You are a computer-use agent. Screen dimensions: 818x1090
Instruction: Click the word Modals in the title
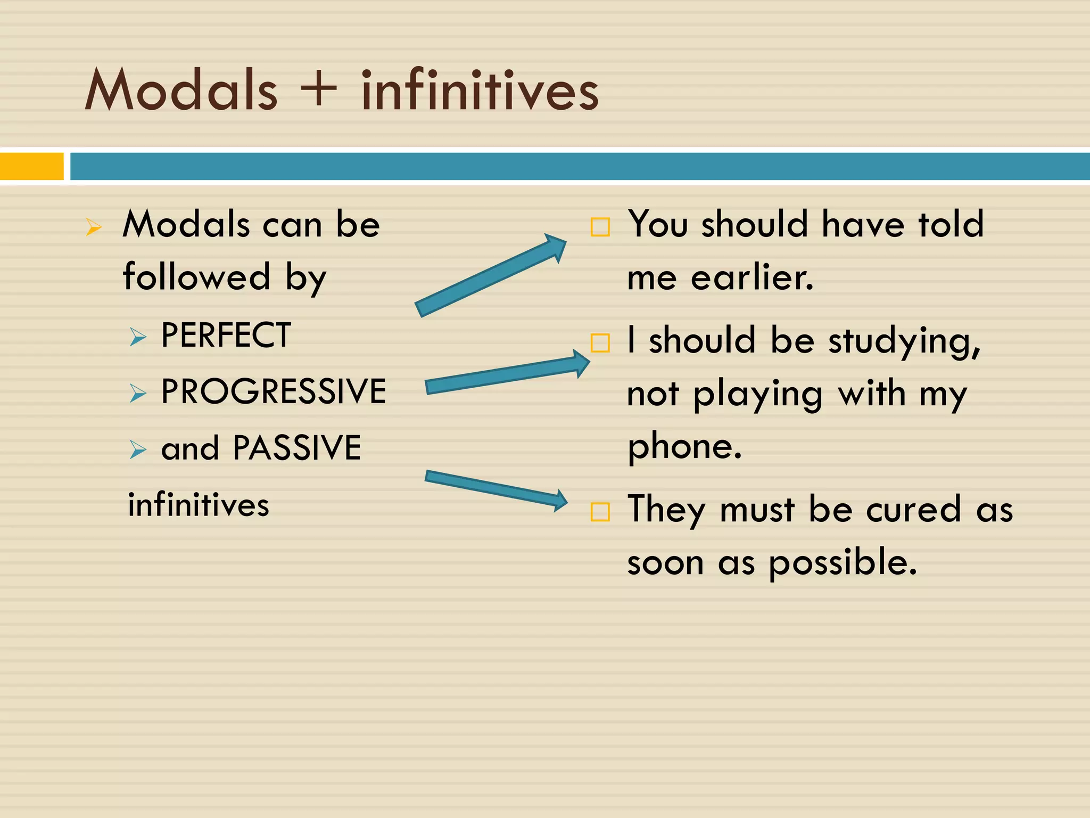(181, 91)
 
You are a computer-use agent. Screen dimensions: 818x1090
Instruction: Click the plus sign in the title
(318, 88)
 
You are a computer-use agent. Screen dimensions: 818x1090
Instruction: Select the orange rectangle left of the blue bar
(31, 166)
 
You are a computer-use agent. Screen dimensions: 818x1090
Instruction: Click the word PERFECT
(226, 336)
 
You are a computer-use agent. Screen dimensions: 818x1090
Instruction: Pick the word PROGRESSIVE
(274, 391)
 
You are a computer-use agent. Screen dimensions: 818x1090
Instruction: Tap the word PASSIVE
(297, 448)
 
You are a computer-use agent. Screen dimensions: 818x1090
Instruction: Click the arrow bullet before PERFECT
(138, 337)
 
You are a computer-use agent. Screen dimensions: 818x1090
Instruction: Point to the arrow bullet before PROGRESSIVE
(138, 393)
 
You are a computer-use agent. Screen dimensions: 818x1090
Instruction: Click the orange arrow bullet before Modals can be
(94, 227)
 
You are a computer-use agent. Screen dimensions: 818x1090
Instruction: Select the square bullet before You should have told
(600, 227)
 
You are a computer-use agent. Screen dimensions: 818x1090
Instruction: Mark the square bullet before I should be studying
(600, 343)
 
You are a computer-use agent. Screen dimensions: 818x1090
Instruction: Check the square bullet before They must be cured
(600, 512)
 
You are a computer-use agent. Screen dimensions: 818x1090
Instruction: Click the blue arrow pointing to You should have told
(490, 275)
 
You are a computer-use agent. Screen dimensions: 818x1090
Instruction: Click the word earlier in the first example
(752, 278)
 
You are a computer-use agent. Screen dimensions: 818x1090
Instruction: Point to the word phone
(684, 447)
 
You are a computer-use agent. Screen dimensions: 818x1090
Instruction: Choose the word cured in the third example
(913, 510)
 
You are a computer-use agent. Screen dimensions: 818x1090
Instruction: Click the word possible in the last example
(843, 563)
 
